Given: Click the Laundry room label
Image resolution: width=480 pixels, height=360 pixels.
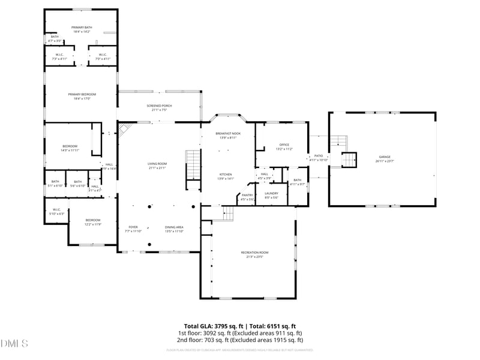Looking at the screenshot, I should point(271,195).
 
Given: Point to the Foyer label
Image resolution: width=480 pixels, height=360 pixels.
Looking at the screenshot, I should point(133,229).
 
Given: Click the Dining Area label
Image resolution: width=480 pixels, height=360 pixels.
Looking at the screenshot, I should point(174,229).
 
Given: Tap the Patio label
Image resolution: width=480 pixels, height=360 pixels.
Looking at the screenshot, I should point(318,158).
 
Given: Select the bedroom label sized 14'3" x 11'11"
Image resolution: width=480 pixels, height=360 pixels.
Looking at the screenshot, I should point(70,148).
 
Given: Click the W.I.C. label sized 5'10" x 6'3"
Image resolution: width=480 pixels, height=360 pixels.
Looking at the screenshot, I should point(56,211).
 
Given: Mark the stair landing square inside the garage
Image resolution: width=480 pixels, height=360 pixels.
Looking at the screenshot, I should point(349,160).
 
